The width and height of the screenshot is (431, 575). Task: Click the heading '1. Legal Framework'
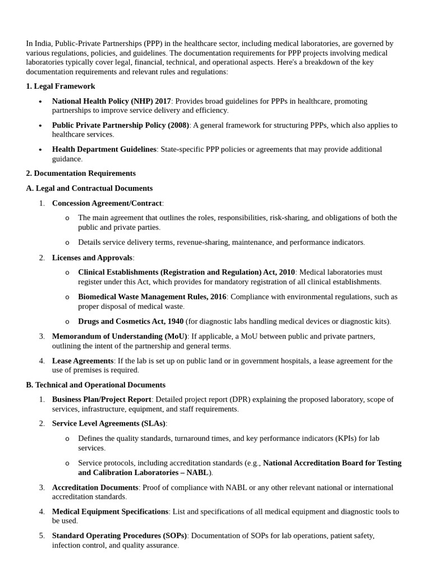[61, 86]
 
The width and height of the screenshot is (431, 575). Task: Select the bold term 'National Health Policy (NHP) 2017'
[111, 101]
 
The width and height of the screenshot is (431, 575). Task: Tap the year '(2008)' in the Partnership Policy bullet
[178, 125]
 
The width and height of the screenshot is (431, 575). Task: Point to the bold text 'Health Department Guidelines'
[104, 149]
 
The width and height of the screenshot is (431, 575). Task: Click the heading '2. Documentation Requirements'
[81, 173]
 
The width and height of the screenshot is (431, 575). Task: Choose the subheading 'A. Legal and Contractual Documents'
[89, 188]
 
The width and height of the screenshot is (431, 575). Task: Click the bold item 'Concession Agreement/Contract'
[107, 203]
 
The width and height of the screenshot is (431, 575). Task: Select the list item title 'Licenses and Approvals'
[92, 257]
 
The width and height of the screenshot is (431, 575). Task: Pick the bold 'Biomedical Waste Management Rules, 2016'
[152, 296]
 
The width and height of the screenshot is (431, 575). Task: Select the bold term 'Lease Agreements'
[82, 360]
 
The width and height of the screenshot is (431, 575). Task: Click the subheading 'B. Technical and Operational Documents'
[95, 385]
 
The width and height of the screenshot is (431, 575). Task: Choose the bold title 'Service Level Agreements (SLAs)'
[108, 423]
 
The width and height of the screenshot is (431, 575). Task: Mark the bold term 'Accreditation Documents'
[95, 487]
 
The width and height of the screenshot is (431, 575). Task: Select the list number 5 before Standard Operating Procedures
[42, 536]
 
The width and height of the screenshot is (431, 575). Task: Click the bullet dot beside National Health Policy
[40, 102]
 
